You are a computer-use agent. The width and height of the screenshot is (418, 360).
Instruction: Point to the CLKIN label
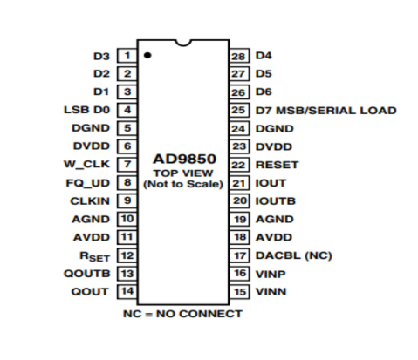[93, 200]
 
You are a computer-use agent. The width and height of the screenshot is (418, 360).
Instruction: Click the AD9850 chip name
[183, 160]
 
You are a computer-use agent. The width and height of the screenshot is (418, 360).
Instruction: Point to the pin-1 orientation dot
[149, 55]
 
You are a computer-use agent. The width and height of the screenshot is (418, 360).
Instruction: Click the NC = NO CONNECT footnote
[183, 313]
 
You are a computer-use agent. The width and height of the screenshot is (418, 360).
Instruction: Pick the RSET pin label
[95, 256]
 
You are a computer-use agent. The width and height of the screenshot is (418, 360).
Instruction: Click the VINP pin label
[271, 274]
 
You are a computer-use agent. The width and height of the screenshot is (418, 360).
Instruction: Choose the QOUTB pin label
[91, 274]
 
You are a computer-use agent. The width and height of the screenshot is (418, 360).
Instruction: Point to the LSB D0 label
[87, 110]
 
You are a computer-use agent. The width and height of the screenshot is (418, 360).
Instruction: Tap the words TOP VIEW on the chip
[183, 173]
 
